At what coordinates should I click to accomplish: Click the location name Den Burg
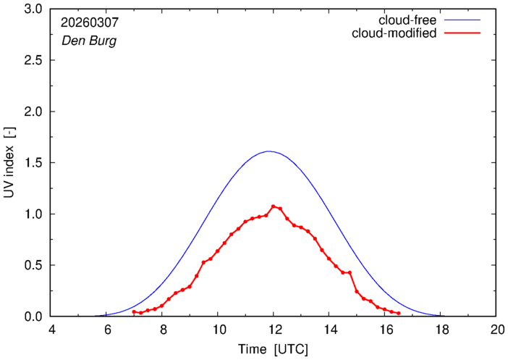click(x=88, y=41)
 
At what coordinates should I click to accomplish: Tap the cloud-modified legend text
click(x=394, y=33)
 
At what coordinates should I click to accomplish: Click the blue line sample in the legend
click(x=461, y=20)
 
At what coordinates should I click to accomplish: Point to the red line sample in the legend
click(x=461, y=34)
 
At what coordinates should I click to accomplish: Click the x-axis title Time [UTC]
click(x=274, y=349)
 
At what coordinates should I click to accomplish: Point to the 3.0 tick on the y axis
click(x=34, y=9)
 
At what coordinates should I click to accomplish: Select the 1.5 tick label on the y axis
click(x=34, y=163)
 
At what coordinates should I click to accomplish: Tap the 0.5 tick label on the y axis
click(x=34, y=265)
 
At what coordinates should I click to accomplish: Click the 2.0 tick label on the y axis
click(x=34, y=112)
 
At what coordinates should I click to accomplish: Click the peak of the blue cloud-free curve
click(x=269, y=151)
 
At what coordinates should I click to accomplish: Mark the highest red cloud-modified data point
click(x=274, y=206)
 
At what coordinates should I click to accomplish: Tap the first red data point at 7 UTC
click(x=135, y=311)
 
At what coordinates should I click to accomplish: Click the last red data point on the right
click(x=399, y=314)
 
